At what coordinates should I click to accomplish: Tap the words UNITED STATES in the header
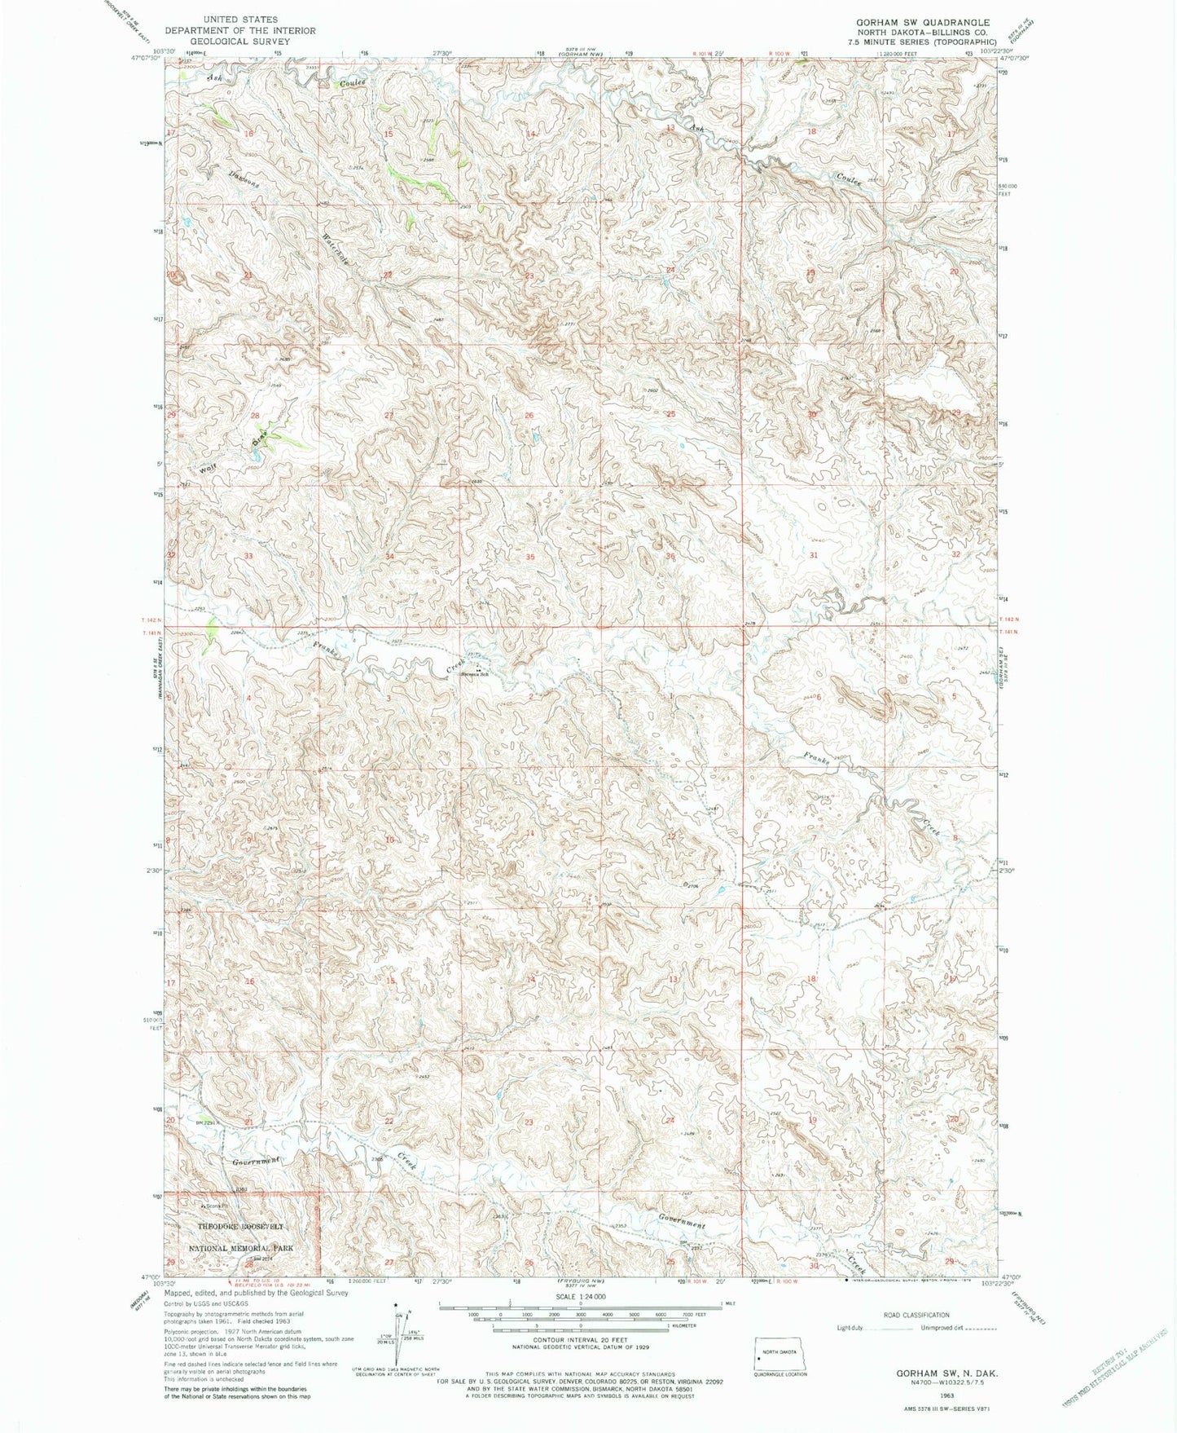coord(240,19)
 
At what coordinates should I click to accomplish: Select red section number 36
coord(671,556)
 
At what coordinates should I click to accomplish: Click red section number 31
coord(813,554)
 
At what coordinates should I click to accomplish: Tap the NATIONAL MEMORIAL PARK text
coord(241,1248)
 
